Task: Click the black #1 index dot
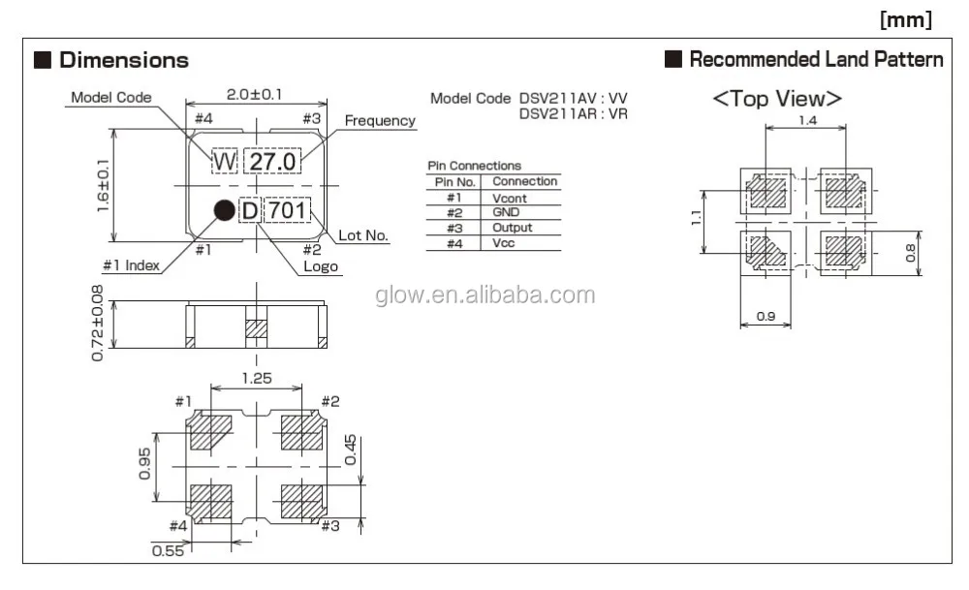coord(224,209)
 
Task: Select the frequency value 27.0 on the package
coord(272,162)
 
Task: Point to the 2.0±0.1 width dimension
coord(255,94)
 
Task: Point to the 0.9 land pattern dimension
coord(766,315)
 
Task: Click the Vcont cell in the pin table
coord(510,198)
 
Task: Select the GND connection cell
coord(506,212)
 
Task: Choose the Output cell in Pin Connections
coord(512,228)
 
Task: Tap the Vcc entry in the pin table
coord(504,243)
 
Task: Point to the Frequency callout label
coord(380,121)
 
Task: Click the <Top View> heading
coord(777,99)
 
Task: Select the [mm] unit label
coord(906,18)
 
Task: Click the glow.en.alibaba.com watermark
coord(484,295)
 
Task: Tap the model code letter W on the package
coord(224,162)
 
